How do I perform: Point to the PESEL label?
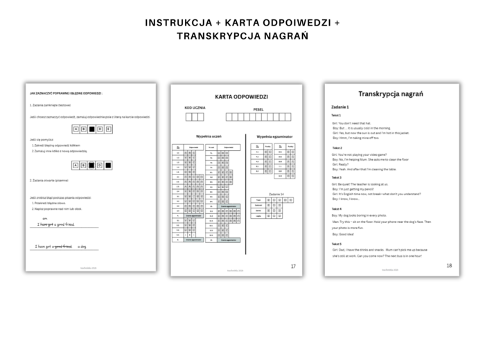pyautogui.click(x=258, y=109)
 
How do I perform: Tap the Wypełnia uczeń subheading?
pyautogui.click(x=208, y=136)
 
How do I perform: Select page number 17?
pyautogui.click(x=293, y=266)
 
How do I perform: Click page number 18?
pyautogui.click(x=449, y=265)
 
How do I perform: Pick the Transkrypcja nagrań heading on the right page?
pyautogui.click(x=391, y=93)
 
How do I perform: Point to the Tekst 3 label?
pyautogui.click(x=337, y=177)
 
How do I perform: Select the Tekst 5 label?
pyautogui.click(x=337, y=244)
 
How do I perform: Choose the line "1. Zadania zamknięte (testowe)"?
pyautogui.click(x=51, y=105)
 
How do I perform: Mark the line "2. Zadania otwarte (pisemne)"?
pyautogui.click(x=51, y=180)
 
